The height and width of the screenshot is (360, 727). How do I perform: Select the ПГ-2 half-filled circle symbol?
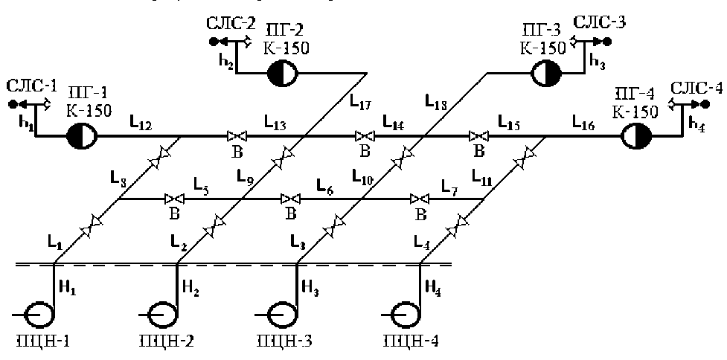coord(282,73)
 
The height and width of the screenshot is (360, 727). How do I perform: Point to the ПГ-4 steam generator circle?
coord(636,136)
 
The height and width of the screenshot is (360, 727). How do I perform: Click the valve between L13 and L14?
coord(365,136)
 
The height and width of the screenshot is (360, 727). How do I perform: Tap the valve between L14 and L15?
coord(478,136)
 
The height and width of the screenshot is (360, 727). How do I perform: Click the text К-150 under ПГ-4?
coord(636,112)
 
